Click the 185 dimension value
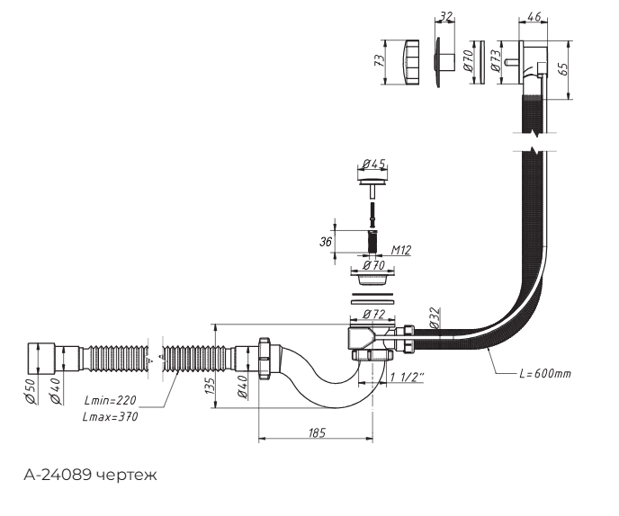pos(317,432)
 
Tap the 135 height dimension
pos(211,387)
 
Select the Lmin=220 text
pos(110,400)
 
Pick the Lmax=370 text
pos(110,416)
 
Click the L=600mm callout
pos(545,374)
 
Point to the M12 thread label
pos(401,250)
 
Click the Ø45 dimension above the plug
pos(373,164)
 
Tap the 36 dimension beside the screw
pos(326,241)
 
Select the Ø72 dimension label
pos(373,315)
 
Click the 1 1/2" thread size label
pos(408,378)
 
